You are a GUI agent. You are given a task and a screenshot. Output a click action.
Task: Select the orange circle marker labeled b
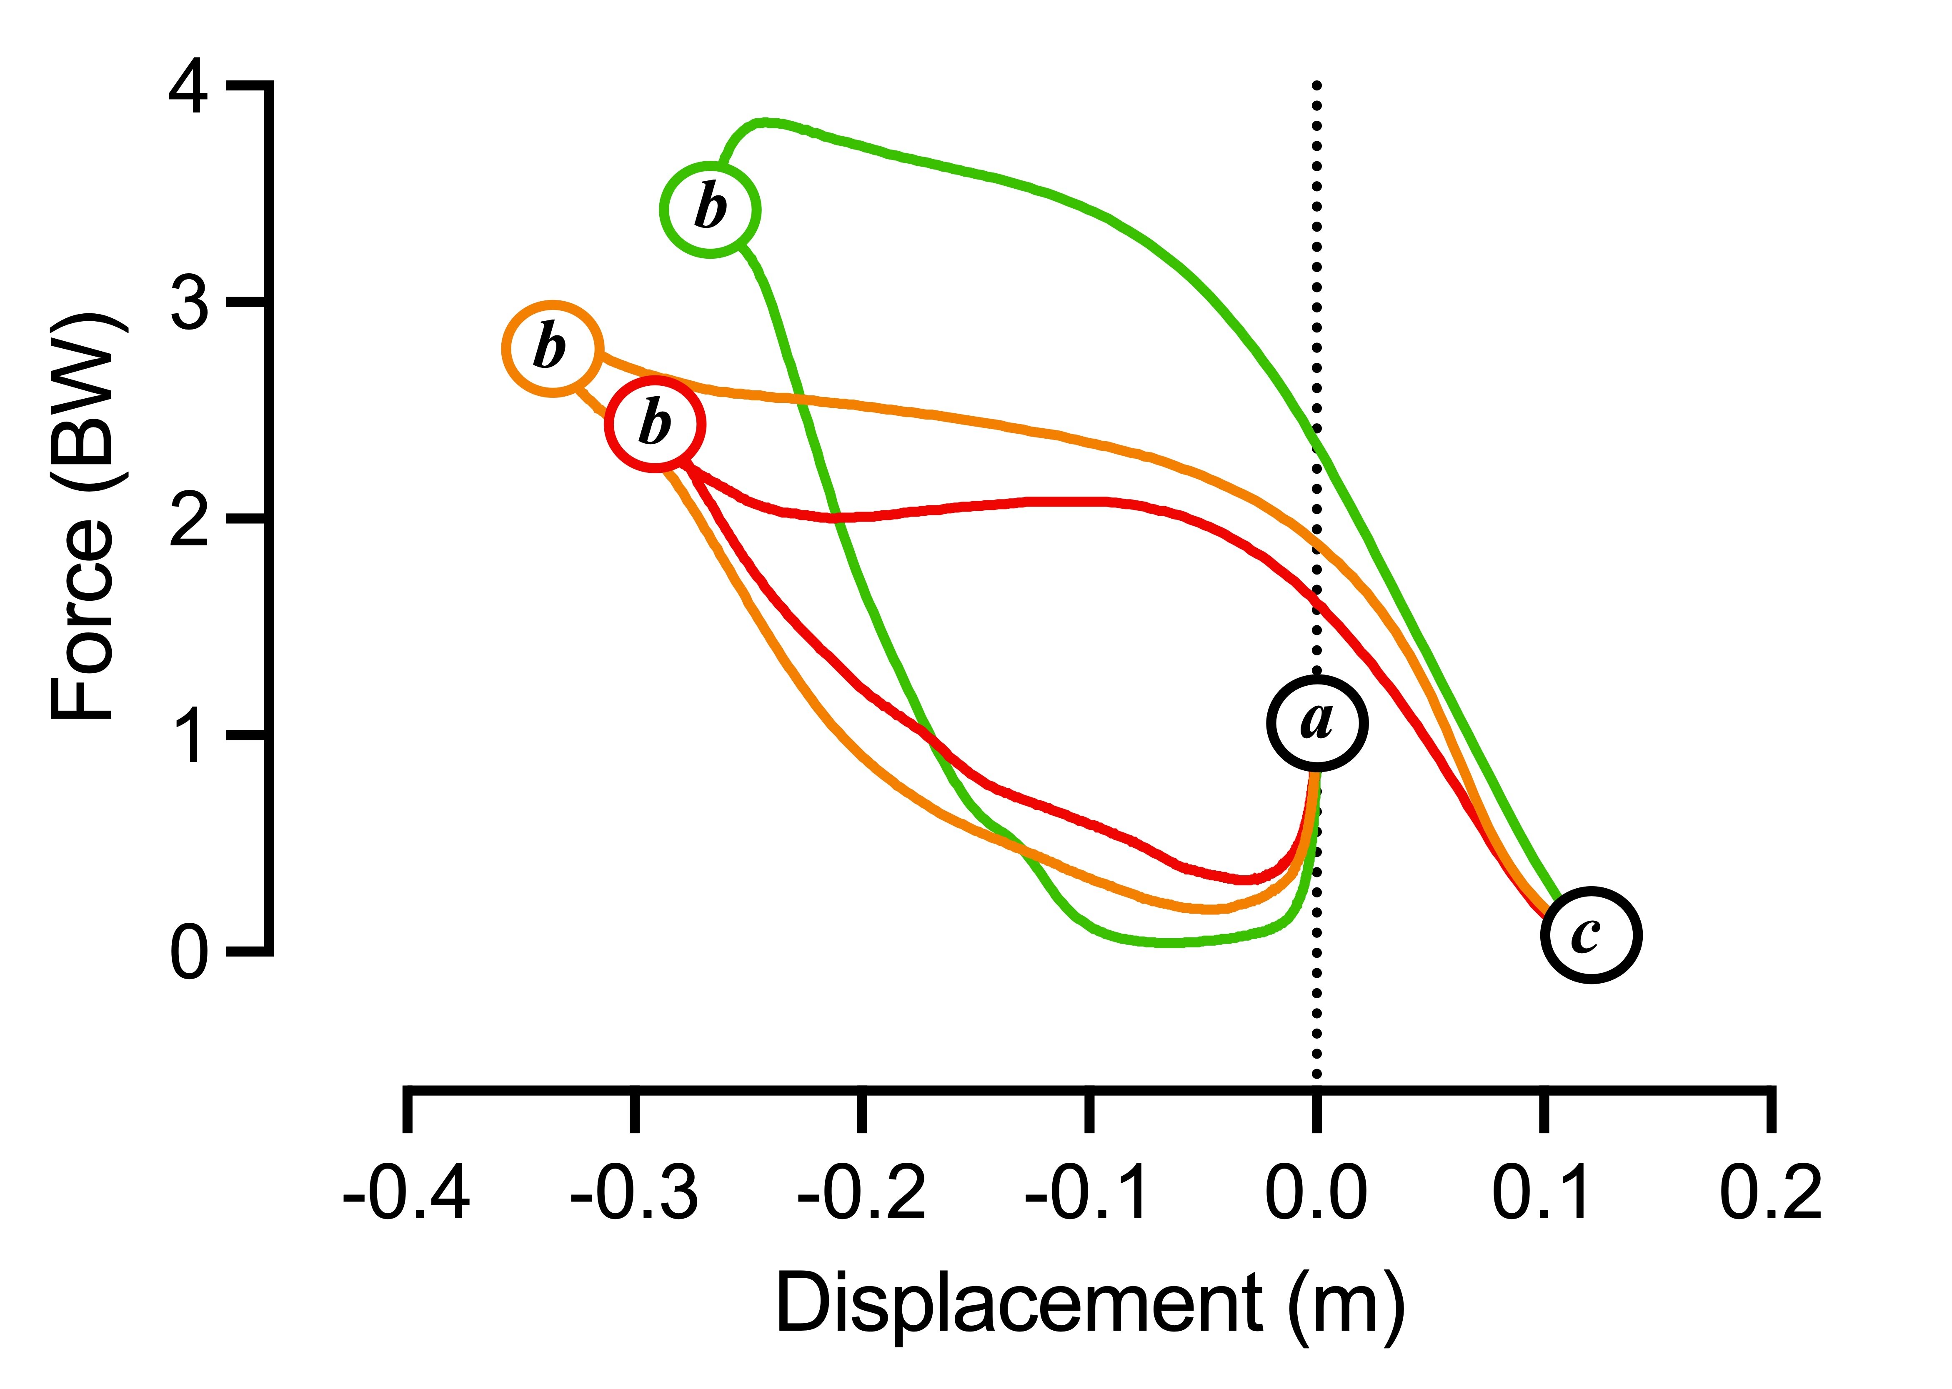[x=553, y=349]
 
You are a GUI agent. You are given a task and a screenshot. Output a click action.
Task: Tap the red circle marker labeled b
[x=655, y=424]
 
